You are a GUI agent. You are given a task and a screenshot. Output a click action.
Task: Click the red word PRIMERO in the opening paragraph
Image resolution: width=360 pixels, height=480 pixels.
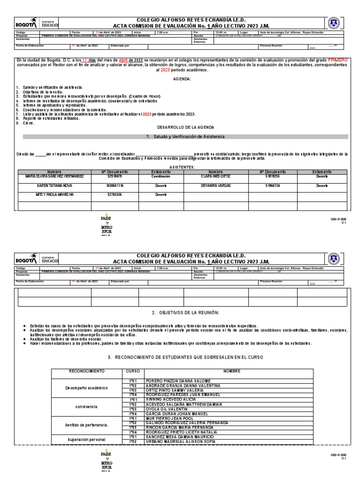[x=338, y=60]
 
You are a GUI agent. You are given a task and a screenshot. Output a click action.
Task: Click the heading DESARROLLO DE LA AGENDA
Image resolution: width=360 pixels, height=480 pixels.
[x=185, y=127]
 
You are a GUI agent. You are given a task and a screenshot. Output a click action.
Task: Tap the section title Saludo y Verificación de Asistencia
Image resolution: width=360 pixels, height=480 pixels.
[x=186, y=136]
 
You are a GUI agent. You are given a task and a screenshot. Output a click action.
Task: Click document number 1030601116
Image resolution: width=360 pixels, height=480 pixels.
[x=114, y=186]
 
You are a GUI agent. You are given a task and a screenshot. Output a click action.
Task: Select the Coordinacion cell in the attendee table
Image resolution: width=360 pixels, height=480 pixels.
[x=160, y=176]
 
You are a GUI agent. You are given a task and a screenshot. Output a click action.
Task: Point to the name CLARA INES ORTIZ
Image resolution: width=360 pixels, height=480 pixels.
[x=215, y=176]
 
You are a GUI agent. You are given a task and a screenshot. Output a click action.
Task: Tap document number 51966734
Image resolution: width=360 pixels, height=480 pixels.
[x=272, y=186]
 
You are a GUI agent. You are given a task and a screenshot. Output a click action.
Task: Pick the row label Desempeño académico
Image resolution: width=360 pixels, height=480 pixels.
[x=86, y=388]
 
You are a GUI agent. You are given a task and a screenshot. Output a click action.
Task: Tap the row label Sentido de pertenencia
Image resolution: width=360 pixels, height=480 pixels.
[x=86, y=425]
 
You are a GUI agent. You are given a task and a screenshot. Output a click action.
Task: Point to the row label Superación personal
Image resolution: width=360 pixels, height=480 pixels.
[x=86, y=439]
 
